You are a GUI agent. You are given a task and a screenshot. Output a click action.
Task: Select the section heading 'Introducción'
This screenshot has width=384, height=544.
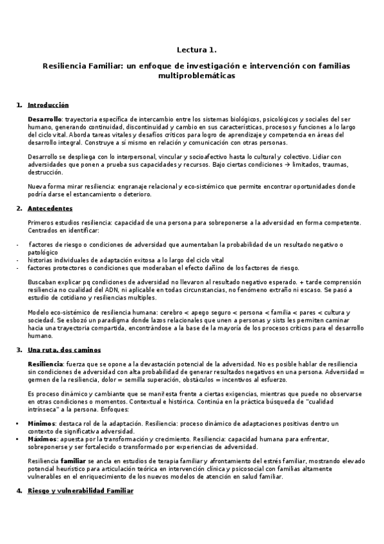[x=48, y=105]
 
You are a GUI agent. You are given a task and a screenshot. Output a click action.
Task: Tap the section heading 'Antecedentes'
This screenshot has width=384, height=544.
[x=50, y=208]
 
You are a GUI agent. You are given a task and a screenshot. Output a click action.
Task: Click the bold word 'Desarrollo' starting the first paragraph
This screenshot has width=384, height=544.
[x=44, y=119]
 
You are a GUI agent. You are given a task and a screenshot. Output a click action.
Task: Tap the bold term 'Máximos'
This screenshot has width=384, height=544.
[x=42, y=438]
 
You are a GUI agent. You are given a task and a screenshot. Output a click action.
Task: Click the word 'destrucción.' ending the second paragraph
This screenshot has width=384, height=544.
[x=46, y=172]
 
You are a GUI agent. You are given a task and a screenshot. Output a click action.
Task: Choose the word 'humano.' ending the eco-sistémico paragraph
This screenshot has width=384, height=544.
[x=40, y=336]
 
